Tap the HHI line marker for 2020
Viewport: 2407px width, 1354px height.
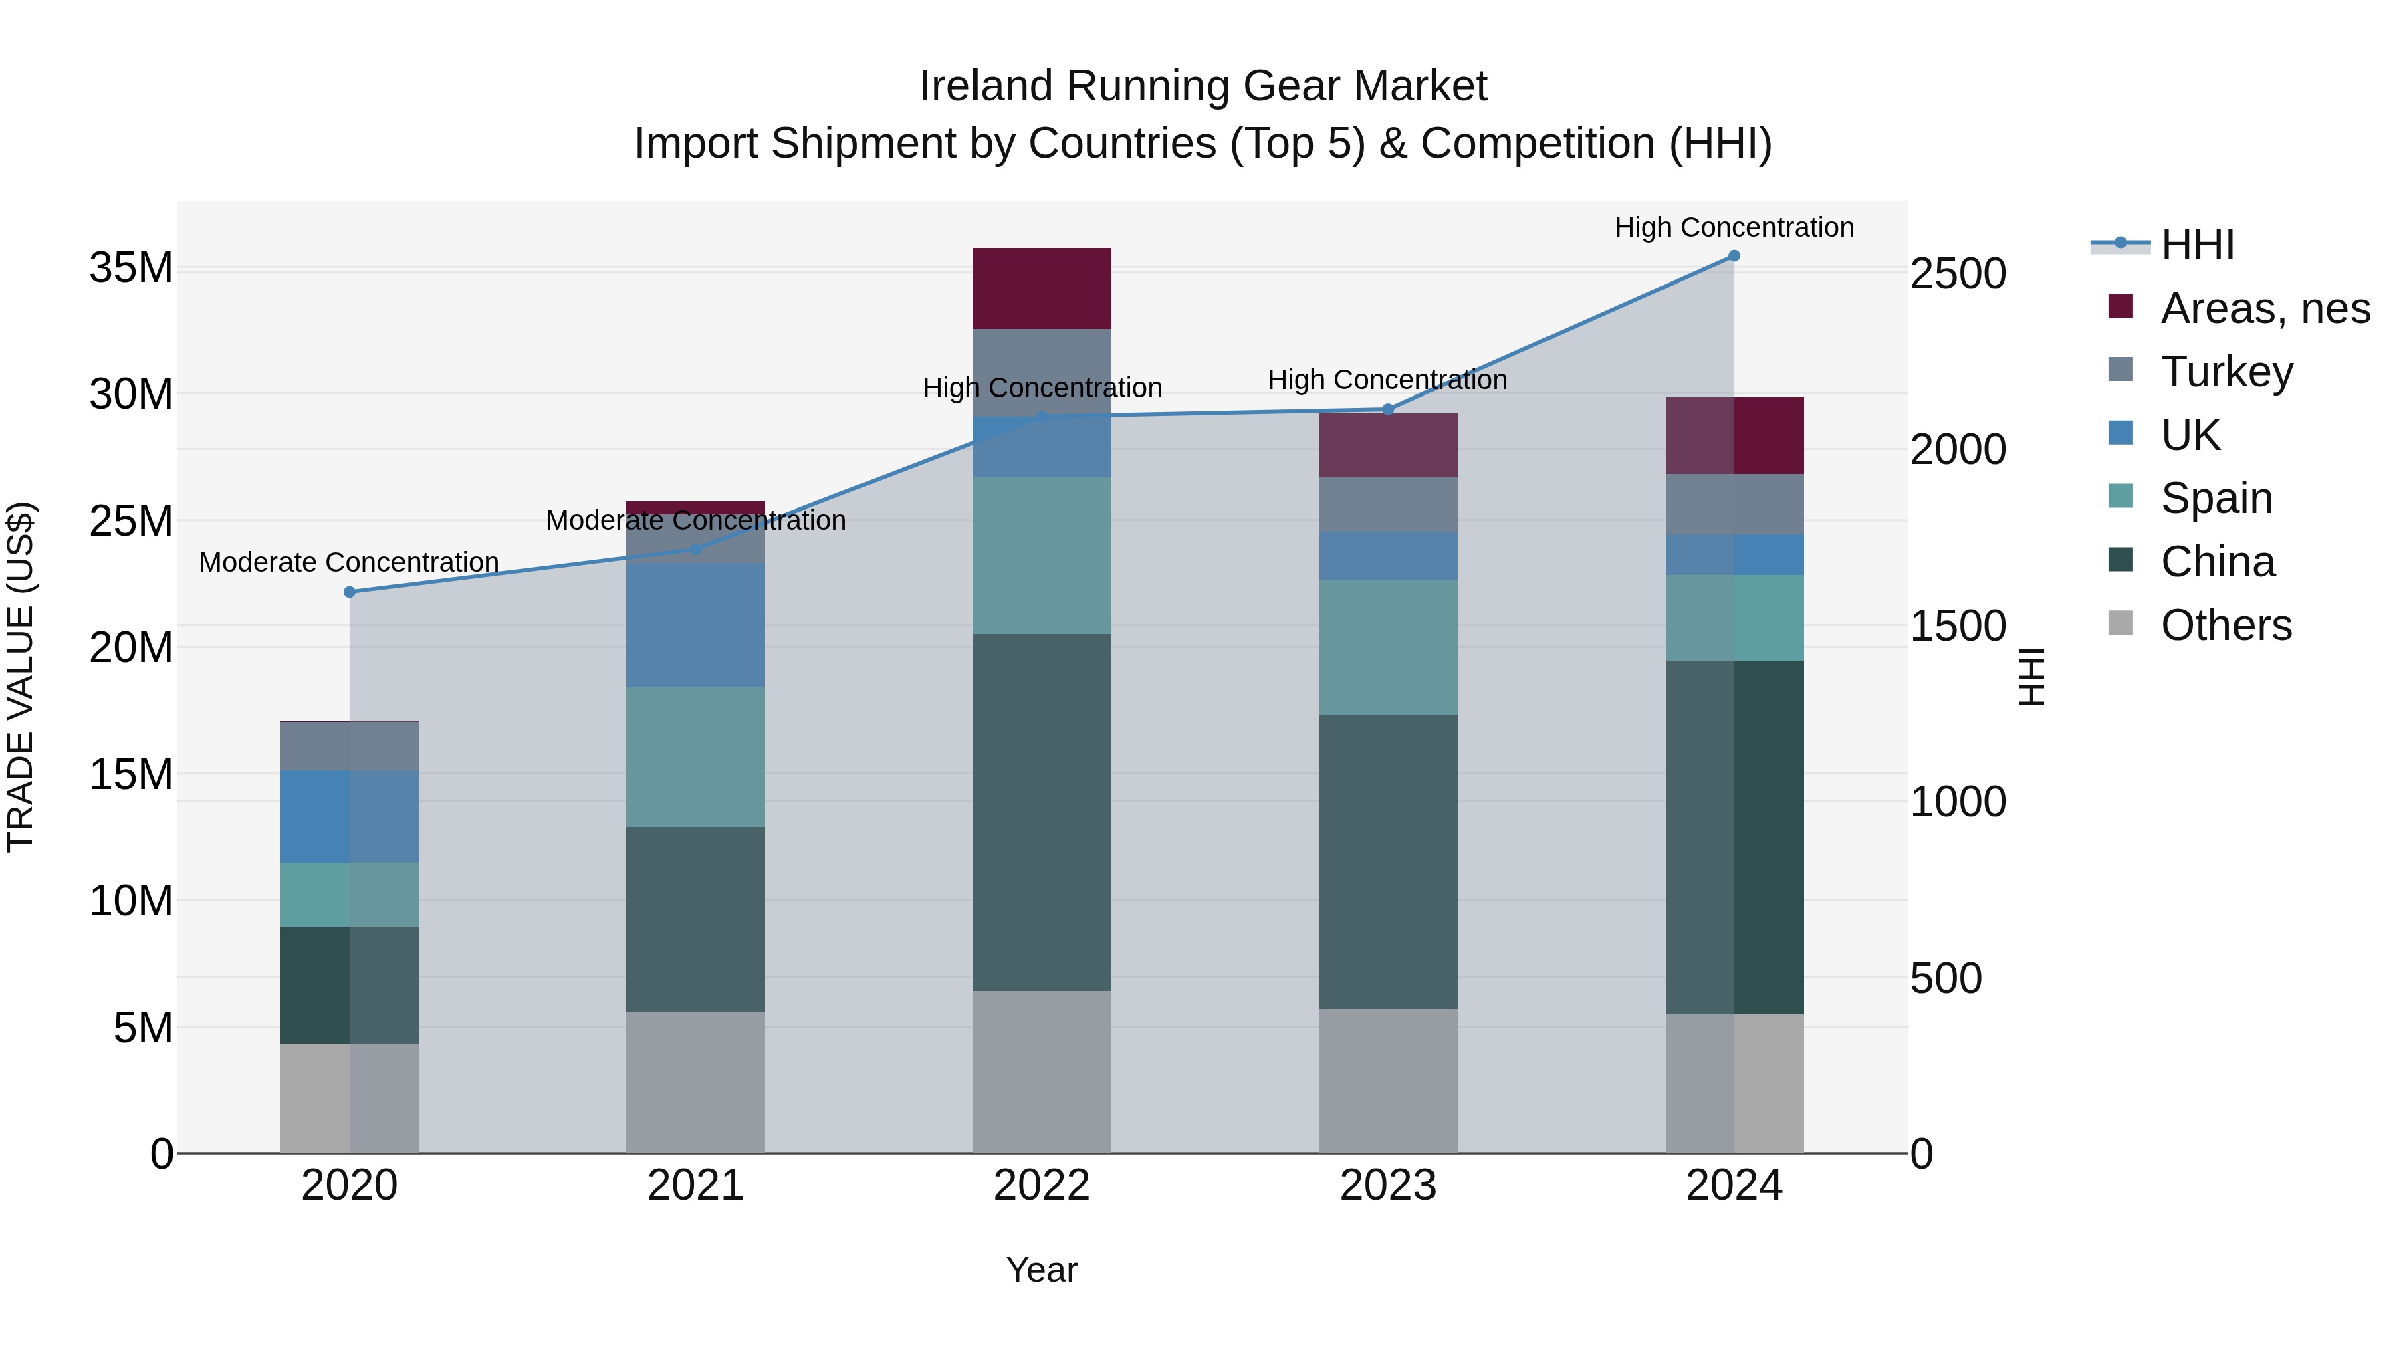pos(350,592)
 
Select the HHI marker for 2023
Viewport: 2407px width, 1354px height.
pos(1387,409)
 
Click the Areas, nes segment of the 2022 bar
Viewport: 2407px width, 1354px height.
pos(1041,289)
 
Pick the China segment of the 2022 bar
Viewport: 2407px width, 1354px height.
pos(1041,812)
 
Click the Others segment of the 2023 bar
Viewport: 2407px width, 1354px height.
pos(1387,1081)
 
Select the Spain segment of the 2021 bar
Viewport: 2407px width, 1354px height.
pos(695,757)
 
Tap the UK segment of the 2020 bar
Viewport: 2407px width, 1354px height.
pos(350,816)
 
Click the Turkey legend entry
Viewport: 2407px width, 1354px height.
pos(2226,372)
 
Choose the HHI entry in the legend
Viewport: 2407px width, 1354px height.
pos(2196,245)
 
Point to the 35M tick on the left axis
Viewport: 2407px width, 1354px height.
pos(131,268)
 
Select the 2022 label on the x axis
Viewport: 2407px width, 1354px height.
pos(1041,1186)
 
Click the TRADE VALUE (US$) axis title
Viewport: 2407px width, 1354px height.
pos(21,677)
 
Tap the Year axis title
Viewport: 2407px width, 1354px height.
pos(1041,1270)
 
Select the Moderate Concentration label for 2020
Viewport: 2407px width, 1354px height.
pos(350,562)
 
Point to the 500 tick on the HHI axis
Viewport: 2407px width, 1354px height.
pos(1946,978)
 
